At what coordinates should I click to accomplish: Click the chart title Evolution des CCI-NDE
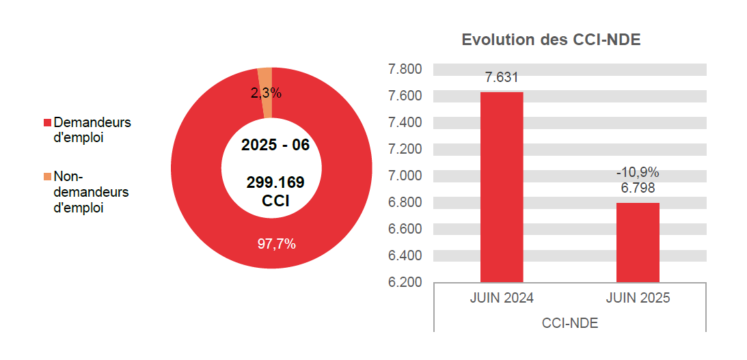(551, 40)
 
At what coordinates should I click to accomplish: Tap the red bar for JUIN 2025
(638, 242)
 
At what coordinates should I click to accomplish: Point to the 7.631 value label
(502, 78)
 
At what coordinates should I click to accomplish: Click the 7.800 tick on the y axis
(405, 69)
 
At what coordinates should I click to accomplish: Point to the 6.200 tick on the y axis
(405, 282)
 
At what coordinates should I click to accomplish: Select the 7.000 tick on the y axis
(405, 176)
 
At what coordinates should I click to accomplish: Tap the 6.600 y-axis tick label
(405, 229)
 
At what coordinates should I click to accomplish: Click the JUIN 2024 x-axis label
(502, 299)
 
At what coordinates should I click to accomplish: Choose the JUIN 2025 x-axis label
(638, 299)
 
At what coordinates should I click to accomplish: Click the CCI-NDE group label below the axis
(569, 323)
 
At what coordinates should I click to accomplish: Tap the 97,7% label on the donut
(276, 244)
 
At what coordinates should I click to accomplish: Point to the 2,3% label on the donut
(266, 94)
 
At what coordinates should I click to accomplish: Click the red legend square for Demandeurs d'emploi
(47, 123)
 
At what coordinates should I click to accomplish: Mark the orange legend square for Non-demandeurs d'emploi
(47, 177)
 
